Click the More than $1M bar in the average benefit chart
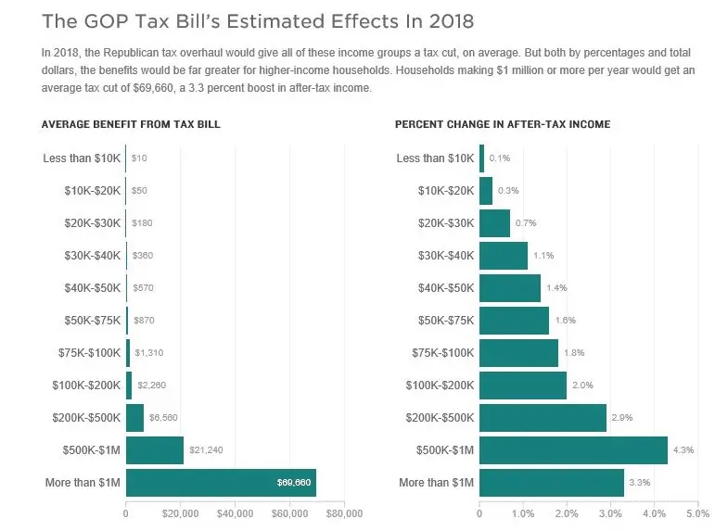click(x=221, y=483)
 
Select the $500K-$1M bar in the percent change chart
click(x=573, y=450)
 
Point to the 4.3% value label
click(x=682, y=450)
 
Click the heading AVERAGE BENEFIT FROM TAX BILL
click(x=131, y=124)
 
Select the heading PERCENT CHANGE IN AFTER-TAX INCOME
click(x=503, y=124)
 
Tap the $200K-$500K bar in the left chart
click(x=134, y=418)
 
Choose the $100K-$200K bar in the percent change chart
click(x=523, y=386)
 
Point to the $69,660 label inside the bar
click(x=294, y=483)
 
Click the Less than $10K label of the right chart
click(x=435, y=158)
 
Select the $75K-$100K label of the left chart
click(x=86, y=353)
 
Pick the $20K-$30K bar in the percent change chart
click(x=494, y=223)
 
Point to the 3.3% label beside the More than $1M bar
click(x=638, y=483)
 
